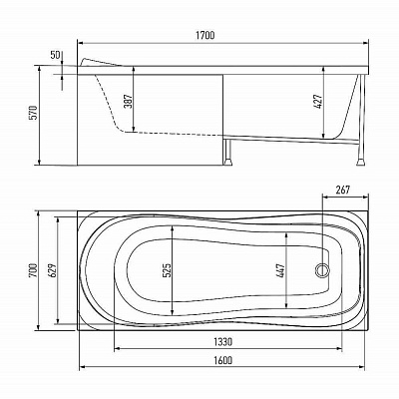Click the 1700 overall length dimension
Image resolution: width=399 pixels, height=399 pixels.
(205, 35)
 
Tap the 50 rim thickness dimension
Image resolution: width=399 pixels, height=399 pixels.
(55, 55)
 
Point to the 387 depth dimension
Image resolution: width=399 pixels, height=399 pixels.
(129, 102)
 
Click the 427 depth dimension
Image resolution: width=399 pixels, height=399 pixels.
(318, 102)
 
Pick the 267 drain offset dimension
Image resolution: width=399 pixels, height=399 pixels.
(343, 190)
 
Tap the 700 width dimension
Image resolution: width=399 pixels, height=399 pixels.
(33, 271)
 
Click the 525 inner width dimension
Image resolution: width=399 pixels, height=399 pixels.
(168, 270)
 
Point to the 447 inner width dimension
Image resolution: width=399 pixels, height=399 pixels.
(281, 271)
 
